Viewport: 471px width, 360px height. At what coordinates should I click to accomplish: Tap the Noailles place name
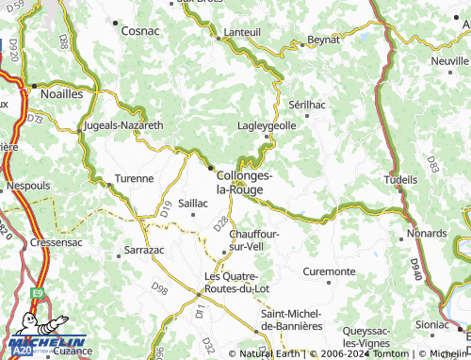61,94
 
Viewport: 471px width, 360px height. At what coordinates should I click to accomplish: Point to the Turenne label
134,177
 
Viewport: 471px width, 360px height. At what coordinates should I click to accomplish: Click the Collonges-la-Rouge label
245,182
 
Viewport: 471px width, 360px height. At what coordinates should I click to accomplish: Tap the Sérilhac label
306,105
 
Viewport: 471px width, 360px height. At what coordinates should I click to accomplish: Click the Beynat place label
323,41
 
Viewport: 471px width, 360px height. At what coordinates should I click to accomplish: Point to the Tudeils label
401,178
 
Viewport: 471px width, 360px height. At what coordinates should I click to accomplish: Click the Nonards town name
427,233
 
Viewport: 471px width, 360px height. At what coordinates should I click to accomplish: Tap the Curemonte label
329,271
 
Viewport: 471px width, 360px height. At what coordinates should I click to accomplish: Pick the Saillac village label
193,203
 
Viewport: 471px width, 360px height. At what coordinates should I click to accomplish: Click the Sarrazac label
144,252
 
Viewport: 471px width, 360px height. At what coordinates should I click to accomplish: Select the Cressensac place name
54,242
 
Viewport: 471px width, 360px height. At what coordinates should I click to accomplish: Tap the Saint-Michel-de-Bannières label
292,319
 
